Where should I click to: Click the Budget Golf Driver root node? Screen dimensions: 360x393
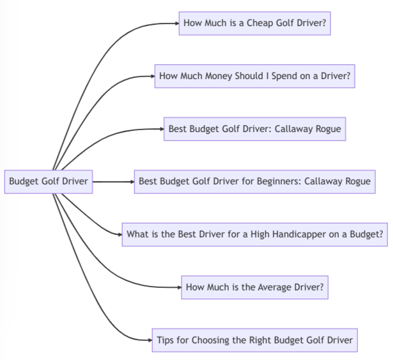pos(49,181)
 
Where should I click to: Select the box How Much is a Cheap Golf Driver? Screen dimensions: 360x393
pos(255,24)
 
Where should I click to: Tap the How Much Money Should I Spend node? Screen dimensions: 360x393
pos(254,76)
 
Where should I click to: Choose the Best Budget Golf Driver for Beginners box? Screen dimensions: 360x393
pos(254,181)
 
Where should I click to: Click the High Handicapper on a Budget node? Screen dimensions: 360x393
pos(254,234)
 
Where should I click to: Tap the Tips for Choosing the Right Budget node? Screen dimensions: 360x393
pos(254,340)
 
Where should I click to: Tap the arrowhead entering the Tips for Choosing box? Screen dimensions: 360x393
pos(150,340)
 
